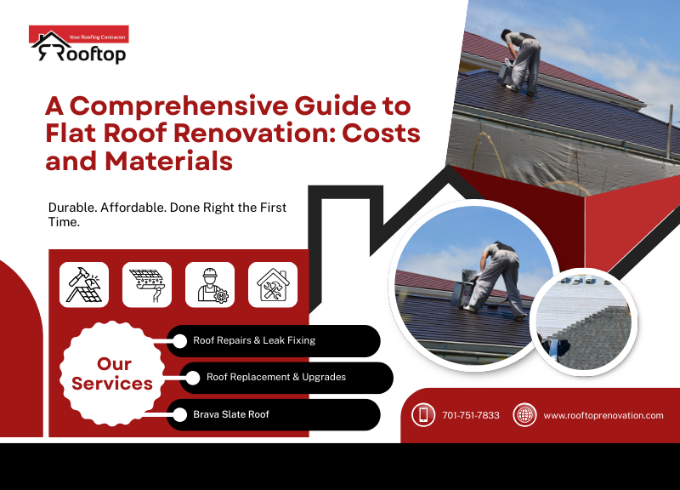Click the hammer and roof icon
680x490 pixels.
(84, 284)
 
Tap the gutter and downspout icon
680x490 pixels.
(147, 284)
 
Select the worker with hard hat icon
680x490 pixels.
(210, 284)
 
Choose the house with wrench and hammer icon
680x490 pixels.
(273, 284)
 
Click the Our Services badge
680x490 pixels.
(112, 373)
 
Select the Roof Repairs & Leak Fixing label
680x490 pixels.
(254, 340)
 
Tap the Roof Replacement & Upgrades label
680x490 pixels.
(276, 377)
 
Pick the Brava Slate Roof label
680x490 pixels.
(232, 414)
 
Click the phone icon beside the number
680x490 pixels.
(423, 415)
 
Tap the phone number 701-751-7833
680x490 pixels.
(471, 415)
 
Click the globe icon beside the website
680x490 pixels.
(524, 415)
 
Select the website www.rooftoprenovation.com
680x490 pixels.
(603, 415)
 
